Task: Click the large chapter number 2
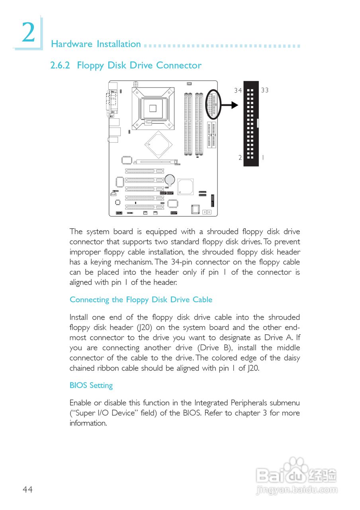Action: [28, 33]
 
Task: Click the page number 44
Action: [27, 490]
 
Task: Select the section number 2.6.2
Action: [60, 65]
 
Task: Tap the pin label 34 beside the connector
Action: [238, 90]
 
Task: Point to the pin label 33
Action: [265, 90]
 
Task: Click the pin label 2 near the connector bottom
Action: [240, 158]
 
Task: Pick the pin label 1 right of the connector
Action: [262, 158]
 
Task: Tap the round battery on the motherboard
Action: [170, 179]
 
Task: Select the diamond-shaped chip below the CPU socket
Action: [158, 144]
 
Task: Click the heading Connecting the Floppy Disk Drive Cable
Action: [141, 300]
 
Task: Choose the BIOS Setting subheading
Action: [91, 385]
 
